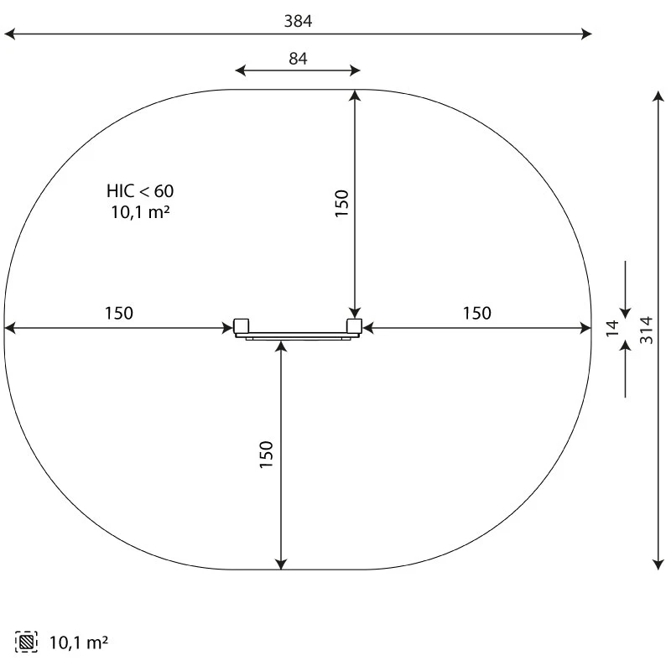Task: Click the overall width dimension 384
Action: click(298, 21)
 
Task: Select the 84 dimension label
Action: click(298, 59)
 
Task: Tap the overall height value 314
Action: click(646, 330)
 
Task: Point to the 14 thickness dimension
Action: click(613, 328)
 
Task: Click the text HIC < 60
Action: click(140, 191)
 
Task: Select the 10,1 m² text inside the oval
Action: click(140, 212)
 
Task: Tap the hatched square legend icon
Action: click(26, 642)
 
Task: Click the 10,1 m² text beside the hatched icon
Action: click(79, 642)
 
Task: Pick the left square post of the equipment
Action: click(241, 326)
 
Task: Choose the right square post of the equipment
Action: click(354, 326)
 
